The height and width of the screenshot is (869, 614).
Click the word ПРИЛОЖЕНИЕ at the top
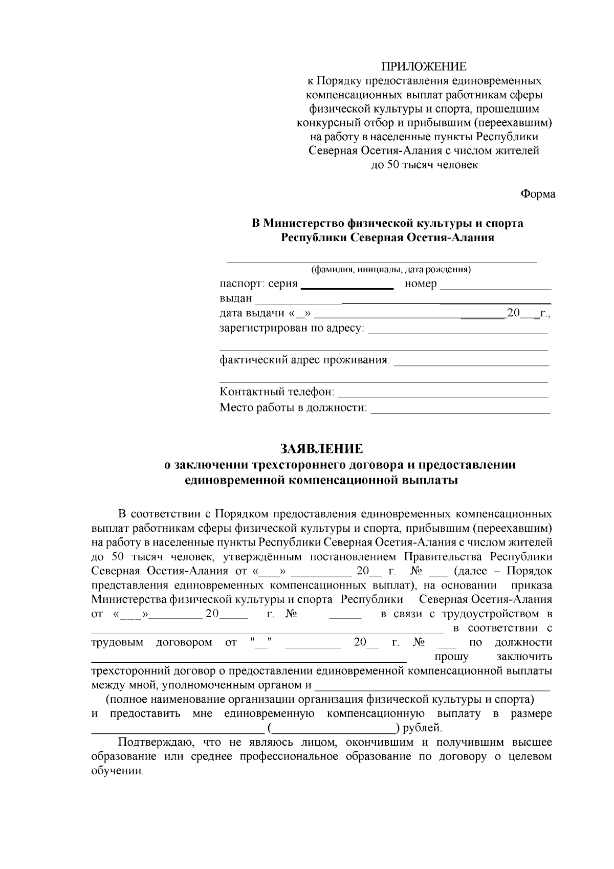(424, 67)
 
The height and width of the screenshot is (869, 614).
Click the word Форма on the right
(537, 194)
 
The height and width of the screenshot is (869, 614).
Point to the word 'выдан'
(236, 298)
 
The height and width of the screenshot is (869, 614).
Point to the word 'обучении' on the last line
(117, 771)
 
